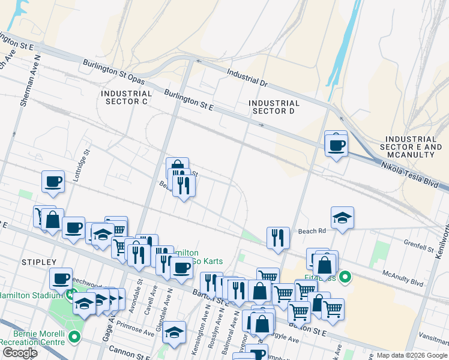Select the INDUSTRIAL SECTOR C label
coord(127,98)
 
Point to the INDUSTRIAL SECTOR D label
coord(274,107)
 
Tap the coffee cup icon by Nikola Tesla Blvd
coord(336,145)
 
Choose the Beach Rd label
coord(312,231)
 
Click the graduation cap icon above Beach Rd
coord(342,217)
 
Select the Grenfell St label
coord(418,246)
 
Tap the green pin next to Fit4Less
coord(345,277)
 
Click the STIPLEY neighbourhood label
coord(38,262)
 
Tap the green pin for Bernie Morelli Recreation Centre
coord(74,337)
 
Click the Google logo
coord(20,353)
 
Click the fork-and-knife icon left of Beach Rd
coord(277,237)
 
